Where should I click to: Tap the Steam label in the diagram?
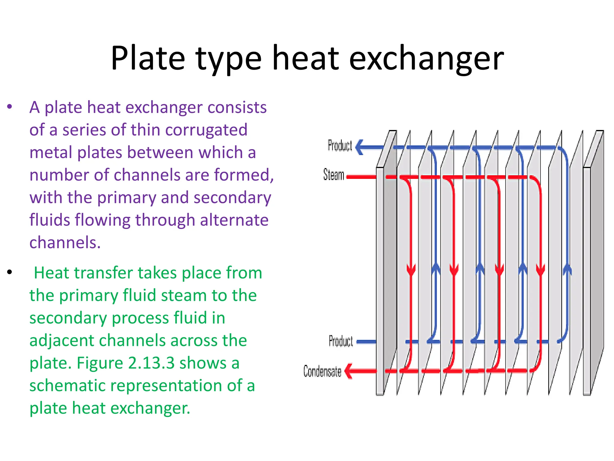tap(333, 175)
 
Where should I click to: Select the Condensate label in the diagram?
tap(322, 371)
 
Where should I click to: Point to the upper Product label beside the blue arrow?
tap(340, 146)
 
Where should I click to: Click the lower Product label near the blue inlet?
tap(341, 341)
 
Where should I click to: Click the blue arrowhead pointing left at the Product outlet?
tap(360, 147)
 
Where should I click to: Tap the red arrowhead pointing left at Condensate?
tap(349, 371)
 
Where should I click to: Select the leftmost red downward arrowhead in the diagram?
tap(411, 269)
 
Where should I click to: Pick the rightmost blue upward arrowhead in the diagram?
tap(567, 269)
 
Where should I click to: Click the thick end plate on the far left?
tap(382, 270)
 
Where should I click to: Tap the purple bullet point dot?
tap(10, 107)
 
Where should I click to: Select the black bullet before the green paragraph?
tap(10, 272)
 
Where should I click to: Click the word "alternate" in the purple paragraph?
tap(234, 220)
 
